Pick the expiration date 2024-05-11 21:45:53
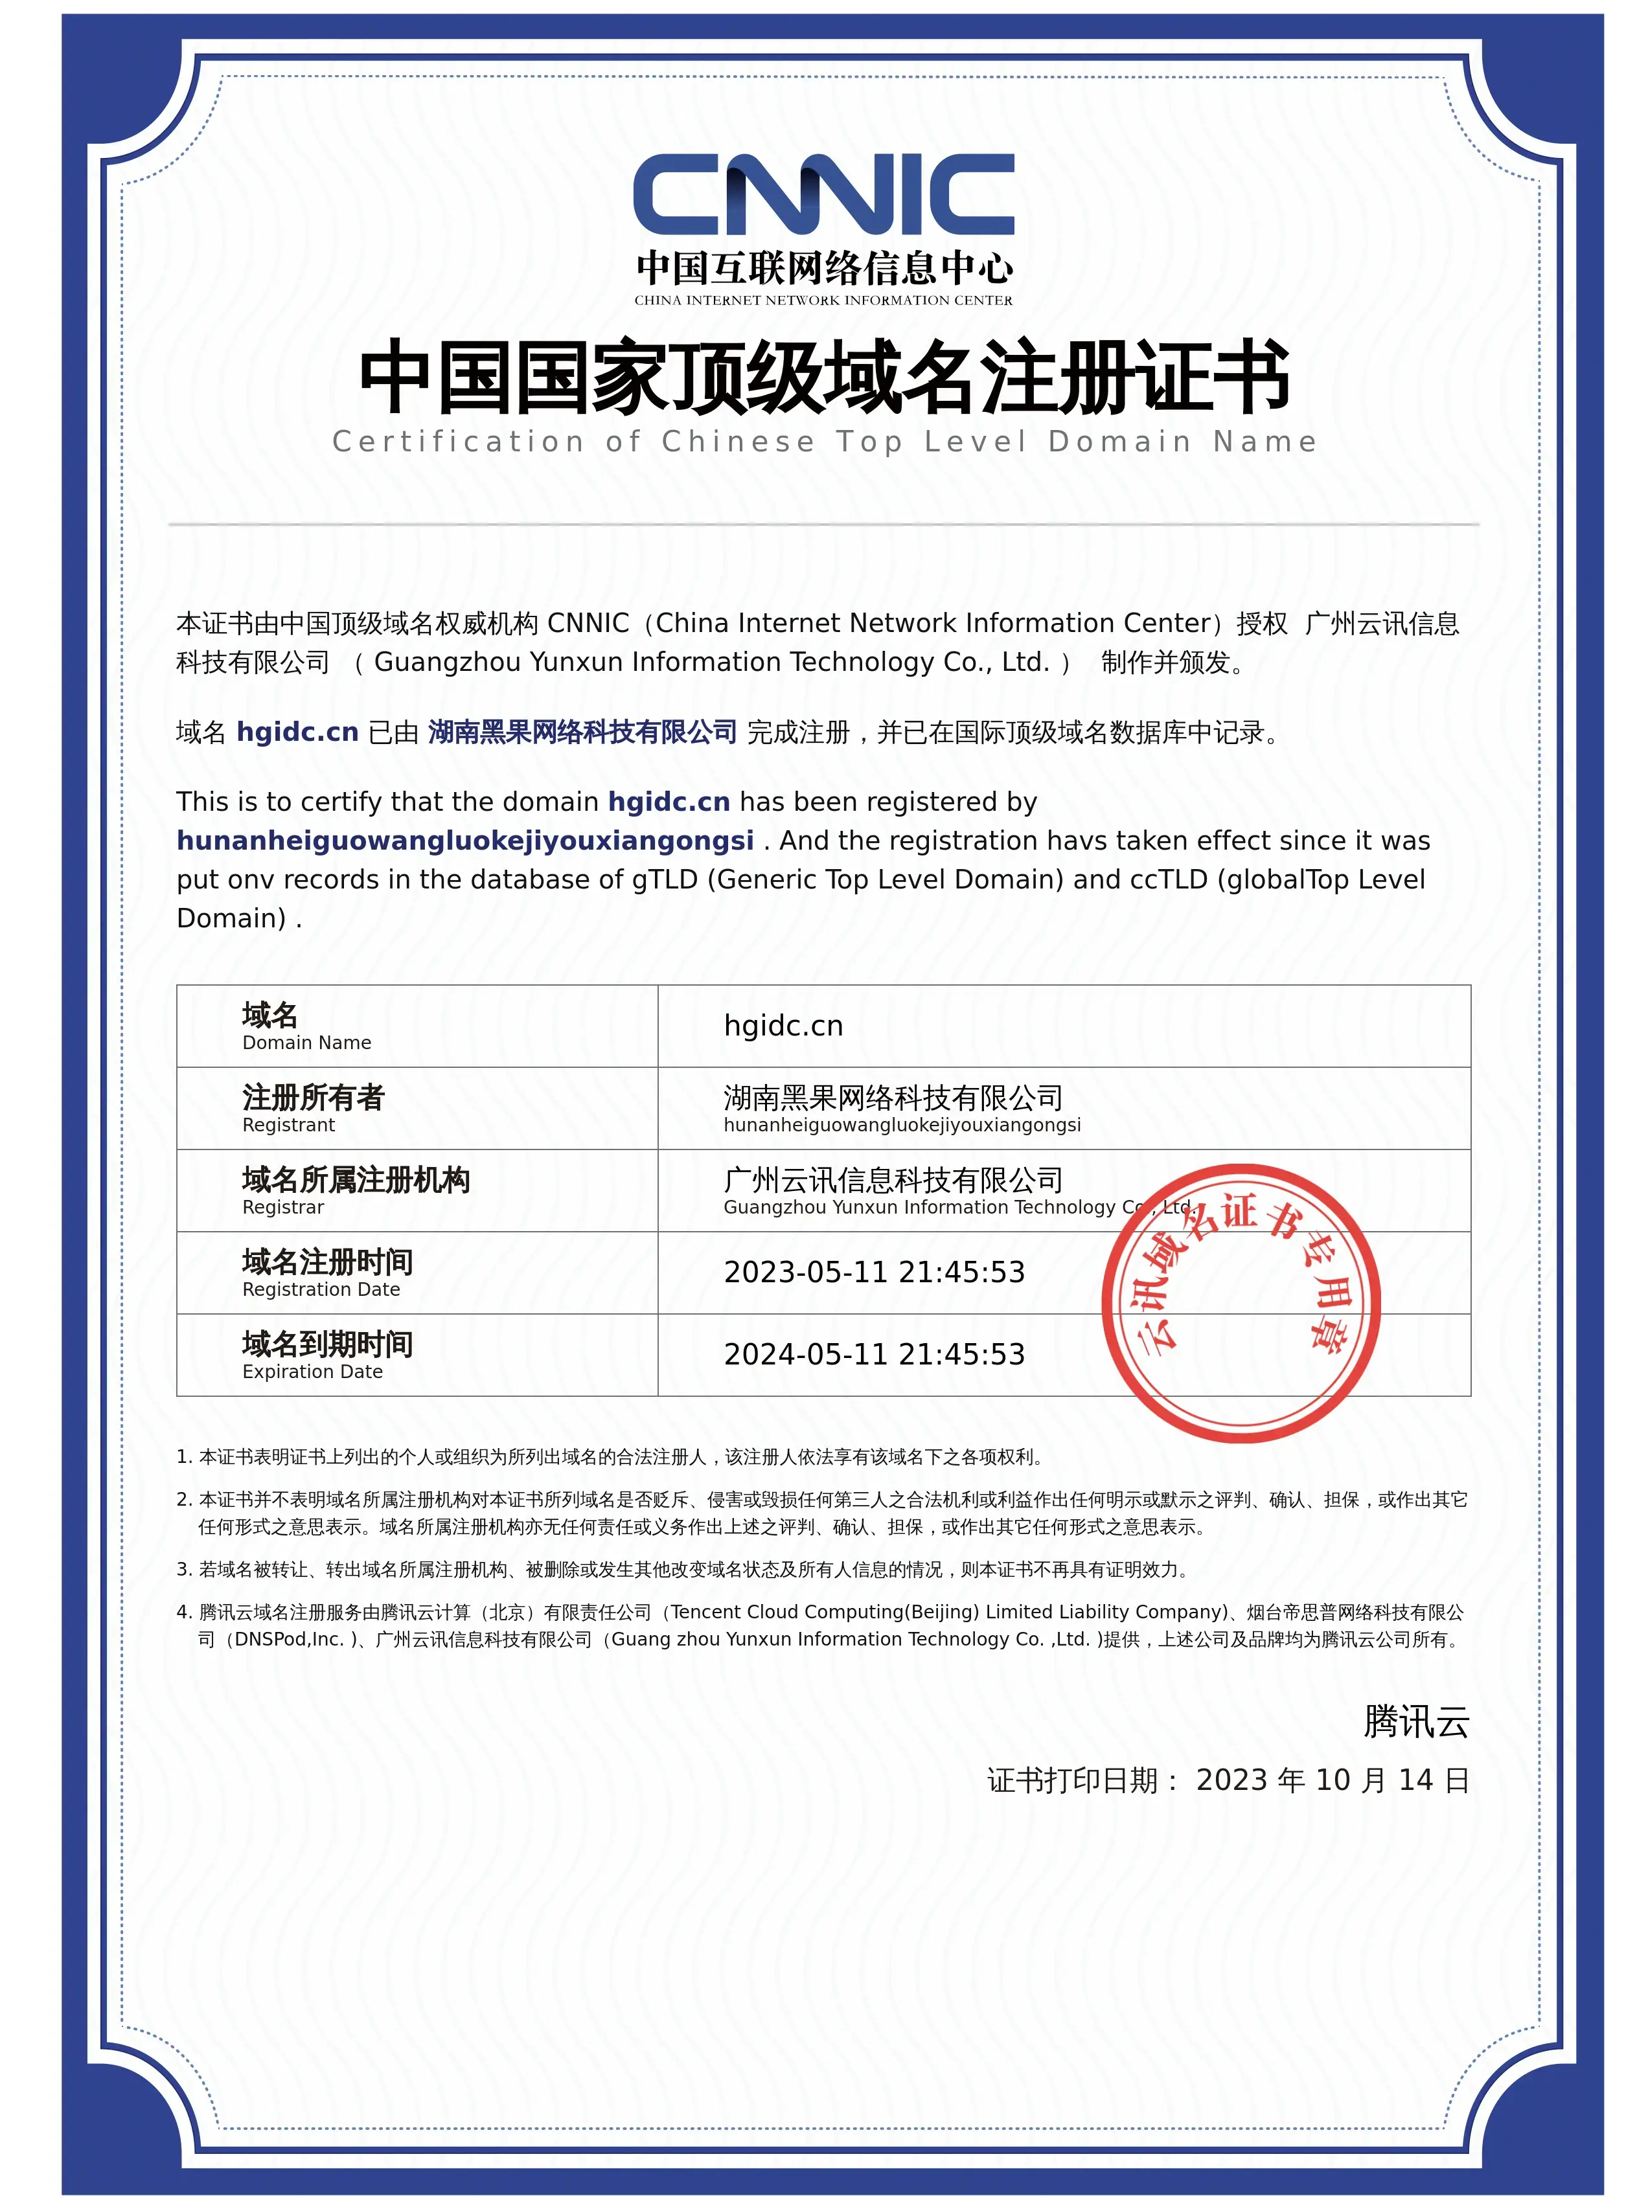click(874, 1353)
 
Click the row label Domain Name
click(306, 1042)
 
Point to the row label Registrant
click(288, 1125)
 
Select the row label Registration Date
click(321, 1289)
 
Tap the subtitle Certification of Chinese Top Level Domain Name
click(824, 441)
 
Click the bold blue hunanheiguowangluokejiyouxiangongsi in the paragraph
click(465, 841)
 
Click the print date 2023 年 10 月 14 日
click(1332, 1780)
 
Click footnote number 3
click(183, 1570)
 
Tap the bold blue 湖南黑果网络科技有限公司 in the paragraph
click(582, 732)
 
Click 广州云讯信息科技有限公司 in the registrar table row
click(893, 1180)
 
